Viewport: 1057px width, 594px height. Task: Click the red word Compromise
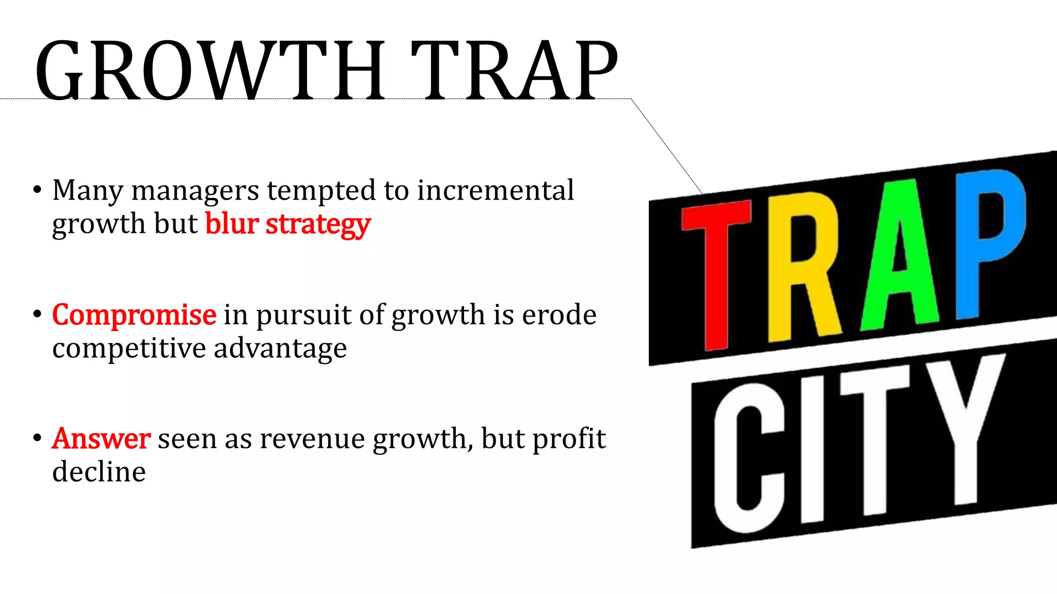tap(134, 315)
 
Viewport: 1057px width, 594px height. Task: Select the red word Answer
tap(101, 439)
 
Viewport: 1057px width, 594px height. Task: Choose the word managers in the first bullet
tap(195, 191)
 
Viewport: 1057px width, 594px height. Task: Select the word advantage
tap(280, 349)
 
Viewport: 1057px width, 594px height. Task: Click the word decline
tap(99, 472)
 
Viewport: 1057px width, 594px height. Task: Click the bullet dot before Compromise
tap(37, 314)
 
